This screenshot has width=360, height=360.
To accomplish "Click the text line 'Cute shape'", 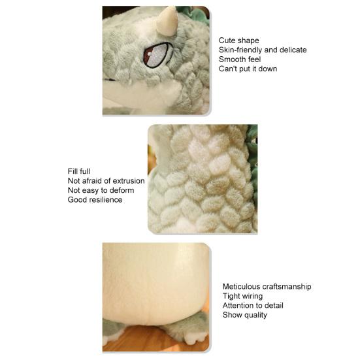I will (238, 41).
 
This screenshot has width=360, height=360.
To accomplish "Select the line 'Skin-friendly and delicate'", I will (262, 50).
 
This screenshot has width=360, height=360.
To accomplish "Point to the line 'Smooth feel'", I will (240, 59).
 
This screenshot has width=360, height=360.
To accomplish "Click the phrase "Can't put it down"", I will (248, 69).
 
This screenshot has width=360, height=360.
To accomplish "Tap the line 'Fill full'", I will (79, 171).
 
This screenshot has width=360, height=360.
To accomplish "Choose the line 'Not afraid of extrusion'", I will (106, 181).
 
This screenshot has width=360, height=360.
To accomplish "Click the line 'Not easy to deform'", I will (101, 190).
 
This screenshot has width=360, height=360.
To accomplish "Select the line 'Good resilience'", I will (95, 199).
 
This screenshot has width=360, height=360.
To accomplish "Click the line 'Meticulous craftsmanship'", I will (267, 286).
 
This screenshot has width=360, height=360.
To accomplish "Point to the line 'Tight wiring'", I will (242, 296).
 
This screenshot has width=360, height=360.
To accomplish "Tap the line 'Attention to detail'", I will (253, 305).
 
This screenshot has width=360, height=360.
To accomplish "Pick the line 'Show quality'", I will (244, 315).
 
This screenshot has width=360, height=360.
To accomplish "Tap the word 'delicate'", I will (292, 50).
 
